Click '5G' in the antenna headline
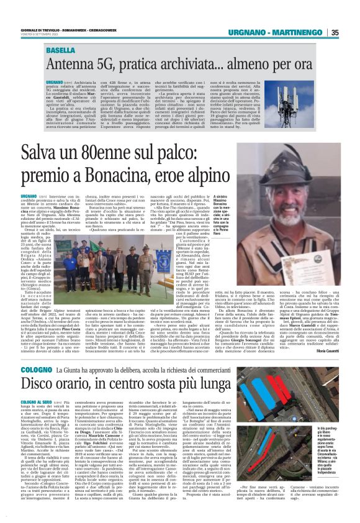[x=107, y=64]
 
